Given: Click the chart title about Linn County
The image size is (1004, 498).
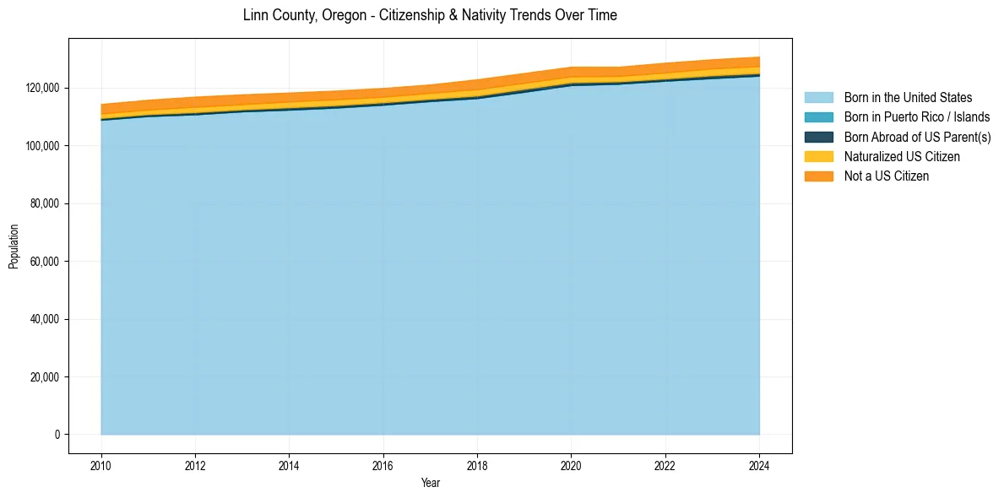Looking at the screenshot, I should coord(430,15).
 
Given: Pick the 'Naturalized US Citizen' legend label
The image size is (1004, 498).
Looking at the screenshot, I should coord(902,156).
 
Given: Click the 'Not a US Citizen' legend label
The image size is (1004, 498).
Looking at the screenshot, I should coord(887,176).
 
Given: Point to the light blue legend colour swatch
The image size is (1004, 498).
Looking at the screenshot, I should coord(818,98).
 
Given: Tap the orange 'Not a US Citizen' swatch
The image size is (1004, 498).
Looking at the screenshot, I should coord(818,176).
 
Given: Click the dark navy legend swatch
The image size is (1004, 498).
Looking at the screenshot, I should coord(818,137).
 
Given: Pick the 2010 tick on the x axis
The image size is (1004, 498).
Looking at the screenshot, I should coord(101,465).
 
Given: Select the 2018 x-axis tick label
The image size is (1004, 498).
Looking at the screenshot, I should coord(477,465).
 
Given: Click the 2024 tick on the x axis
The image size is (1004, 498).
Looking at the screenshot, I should coord(759,465).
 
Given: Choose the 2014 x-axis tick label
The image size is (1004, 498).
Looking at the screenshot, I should coord(289,465).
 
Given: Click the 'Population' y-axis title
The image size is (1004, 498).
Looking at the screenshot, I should coord(14,246).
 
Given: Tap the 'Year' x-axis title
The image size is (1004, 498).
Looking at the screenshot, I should coord(430,483).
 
